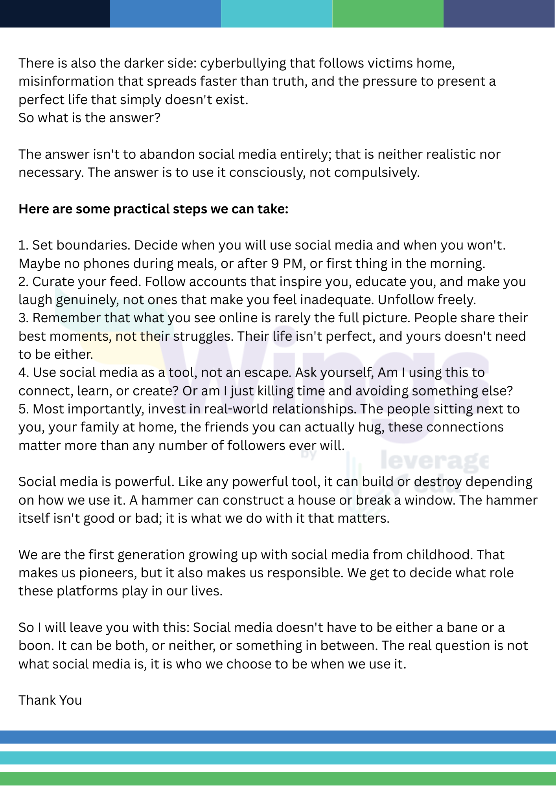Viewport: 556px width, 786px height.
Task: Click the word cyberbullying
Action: click(243, 63)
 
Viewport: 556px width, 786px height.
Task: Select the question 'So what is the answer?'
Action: click(89, 118)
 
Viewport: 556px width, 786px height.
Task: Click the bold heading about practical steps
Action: click(153, 209)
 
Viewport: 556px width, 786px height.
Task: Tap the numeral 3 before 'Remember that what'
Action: click(23, 318)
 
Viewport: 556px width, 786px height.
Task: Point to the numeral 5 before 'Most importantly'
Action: click(23, 409)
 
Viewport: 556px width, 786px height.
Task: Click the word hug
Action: click(370, 427)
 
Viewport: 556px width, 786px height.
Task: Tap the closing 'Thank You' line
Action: click(50, 700)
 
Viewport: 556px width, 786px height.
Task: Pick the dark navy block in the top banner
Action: click(55, 14)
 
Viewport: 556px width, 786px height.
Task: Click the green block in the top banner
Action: click(388, 14)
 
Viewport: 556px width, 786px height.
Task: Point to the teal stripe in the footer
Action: click(278, 758)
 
